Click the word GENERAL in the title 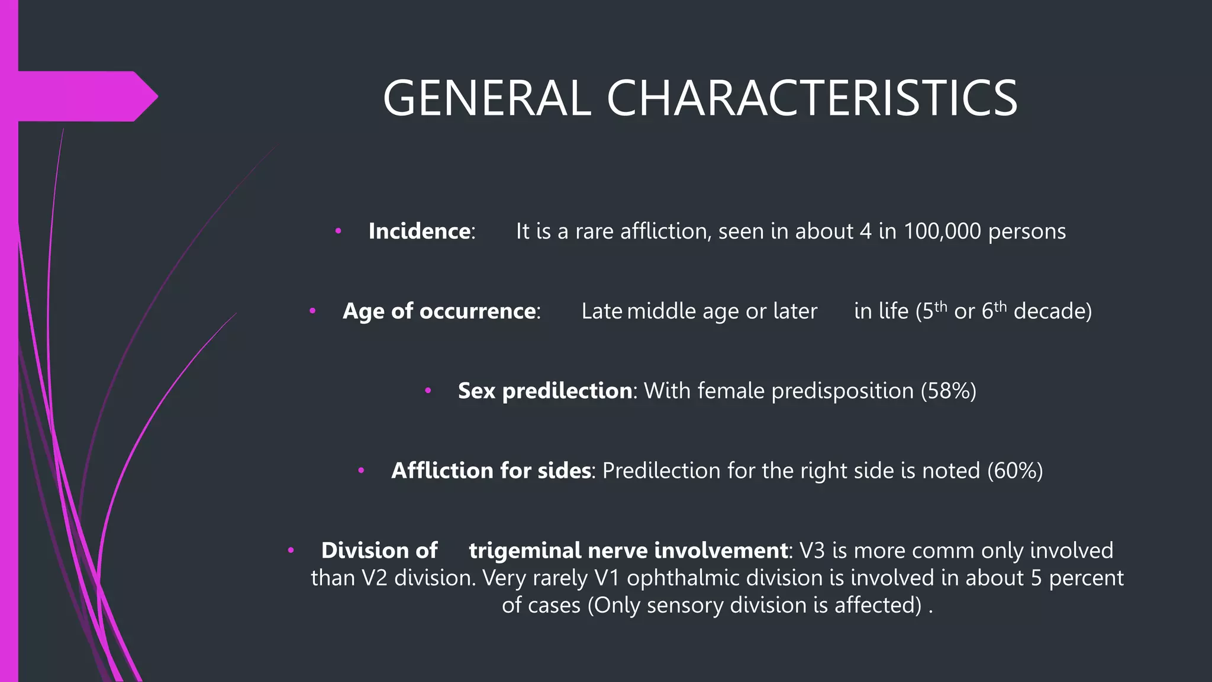486,98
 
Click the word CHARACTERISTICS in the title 811,98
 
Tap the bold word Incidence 419,231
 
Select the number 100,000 942,231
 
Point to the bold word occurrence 477,311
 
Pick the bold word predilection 567,391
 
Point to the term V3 812,551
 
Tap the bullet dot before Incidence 338,231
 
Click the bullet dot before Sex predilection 428,391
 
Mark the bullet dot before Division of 291,551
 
